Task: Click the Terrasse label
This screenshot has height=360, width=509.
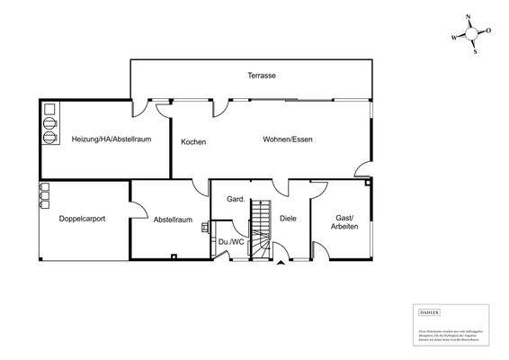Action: coord(262,76)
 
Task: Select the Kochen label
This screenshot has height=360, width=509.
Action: coord(193,142)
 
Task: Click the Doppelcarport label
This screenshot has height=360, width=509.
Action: coord(82,219)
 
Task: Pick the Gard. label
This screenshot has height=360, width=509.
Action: coord(237,199)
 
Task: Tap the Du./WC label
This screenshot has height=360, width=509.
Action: coord(229,242)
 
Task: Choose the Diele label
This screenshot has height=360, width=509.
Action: coord(288,219)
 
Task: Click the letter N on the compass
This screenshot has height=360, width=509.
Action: coord(468,17)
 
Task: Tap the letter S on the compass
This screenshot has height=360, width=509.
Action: coord(475,51)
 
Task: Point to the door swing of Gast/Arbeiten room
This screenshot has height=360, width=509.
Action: coord(320,189)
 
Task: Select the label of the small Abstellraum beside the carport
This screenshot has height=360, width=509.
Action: coord(173,219)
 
